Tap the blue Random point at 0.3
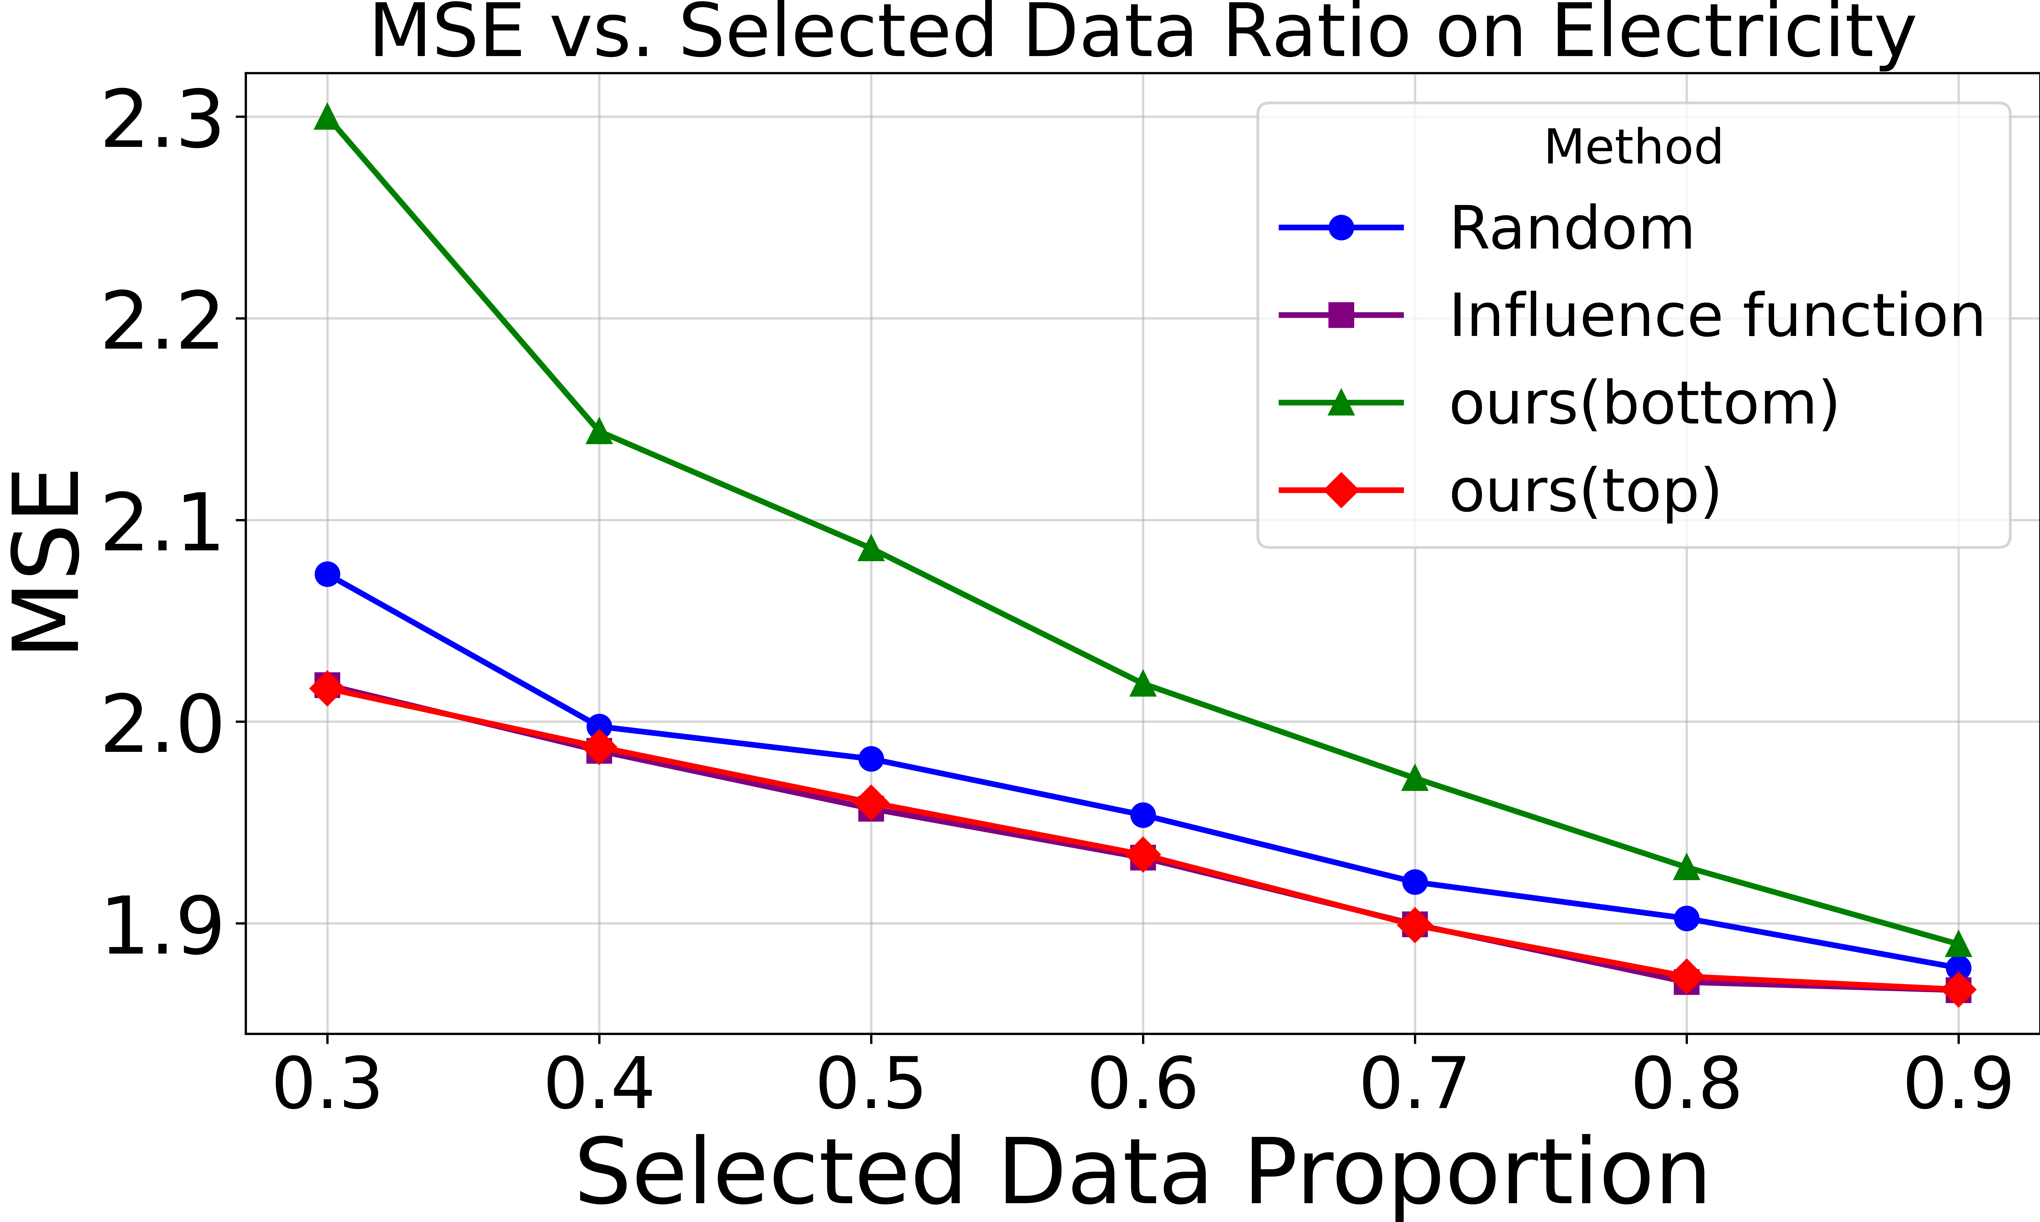click(327, 574)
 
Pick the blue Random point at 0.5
click(871, 758)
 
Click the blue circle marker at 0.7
click(1414, 882)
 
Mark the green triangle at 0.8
click(1686, 868)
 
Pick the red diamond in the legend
click(1341, 491)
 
